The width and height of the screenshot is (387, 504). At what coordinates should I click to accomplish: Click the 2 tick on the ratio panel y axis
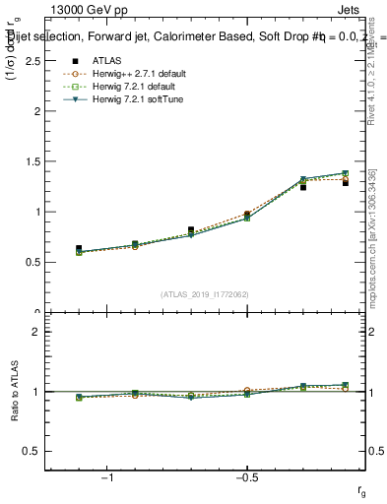click(x=38, y=332)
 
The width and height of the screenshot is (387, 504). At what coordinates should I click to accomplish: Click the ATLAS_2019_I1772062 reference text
click(x=205, y=294)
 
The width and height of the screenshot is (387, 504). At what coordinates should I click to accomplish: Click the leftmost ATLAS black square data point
click(x=79, y=248)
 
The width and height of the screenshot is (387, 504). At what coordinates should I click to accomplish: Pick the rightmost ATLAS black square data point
click(x=346, y=183)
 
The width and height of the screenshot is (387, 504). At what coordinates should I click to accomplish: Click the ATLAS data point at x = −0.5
click(x=247, y=215)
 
